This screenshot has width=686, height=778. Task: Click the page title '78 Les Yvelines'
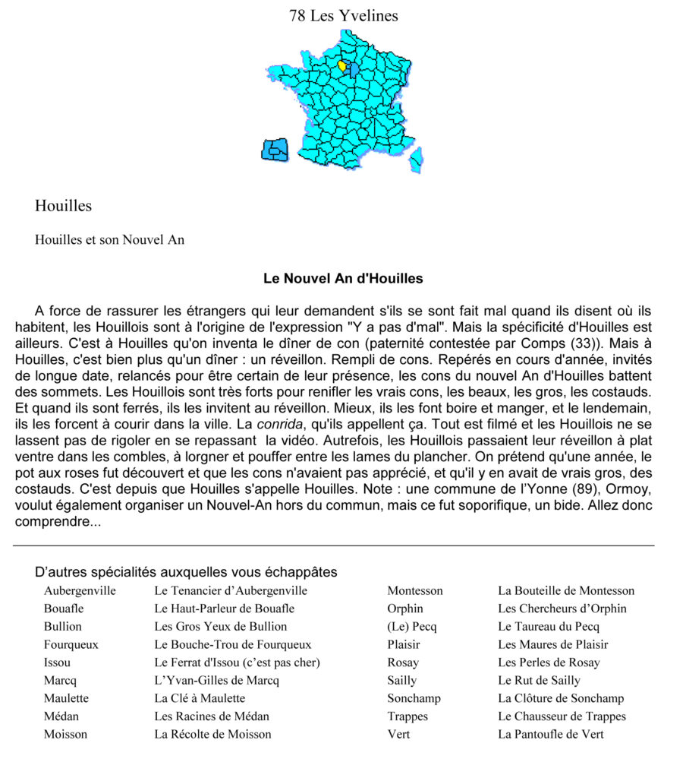(x=343, y=15)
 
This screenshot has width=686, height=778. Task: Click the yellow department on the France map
(x=344, y=67)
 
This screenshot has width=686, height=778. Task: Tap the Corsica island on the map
(x=415, y=157)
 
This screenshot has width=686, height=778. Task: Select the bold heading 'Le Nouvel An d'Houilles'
(x=343, y=279)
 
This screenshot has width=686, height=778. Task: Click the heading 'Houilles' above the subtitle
(x=63, y=206)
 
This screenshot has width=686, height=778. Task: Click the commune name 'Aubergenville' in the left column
(x=80, y=590)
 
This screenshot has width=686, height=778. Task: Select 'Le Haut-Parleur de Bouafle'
(x=224, y=609)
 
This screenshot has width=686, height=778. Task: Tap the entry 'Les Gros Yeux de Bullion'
(x=220, y=627)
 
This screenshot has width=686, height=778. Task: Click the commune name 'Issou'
(x=57, y=663)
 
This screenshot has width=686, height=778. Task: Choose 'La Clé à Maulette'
(x=200, y=698)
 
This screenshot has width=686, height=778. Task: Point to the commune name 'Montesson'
(x=414, y=590)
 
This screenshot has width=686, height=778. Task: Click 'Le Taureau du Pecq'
(x=548, y=627)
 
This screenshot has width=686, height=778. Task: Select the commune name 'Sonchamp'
(x=414, y=698)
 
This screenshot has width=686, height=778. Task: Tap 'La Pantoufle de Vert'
(x=550, y=734)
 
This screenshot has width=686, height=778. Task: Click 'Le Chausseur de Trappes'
(x=562, y=716)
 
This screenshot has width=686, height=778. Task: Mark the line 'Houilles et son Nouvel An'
(x=109, y=240)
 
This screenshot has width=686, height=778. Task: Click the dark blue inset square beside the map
(x=275, y=150)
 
